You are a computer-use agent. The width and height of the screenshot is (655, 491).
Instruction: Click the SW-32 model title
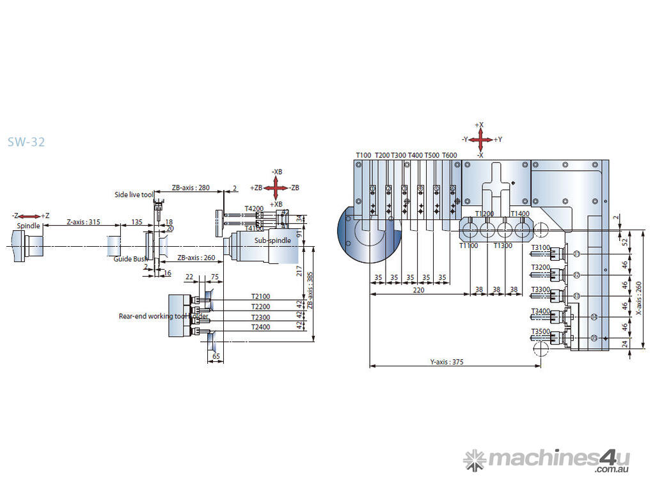[x=26, y=142]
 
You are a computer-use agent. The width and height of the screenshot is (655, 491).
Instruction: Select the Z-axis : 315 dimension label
[x=84, y=221]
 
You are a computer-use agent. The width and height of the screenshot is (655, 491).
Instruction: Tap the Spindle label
[x=29, y=226]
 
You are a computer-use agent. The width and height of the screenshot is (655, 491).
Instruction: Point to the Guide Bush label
[x=130, y=259]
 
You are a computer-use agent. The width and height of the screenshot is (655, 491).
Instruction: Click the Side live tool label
[x=134, y=194]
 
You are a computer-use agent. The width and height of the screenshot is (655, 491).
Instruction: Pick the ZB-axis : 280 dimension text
[x=191, y=187]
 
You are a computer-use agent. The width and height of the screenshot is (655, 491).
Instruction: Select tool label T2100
[x=260, y=297]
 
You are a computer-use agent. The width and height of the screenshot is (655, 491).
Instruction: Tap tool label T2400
[x=260, y=327]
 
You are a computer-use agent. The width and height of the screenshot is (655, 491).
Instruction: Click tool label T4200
[x=254, y=208]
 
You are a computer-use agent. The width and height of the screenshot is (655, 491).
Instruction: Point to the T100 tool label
[x=363, y=155]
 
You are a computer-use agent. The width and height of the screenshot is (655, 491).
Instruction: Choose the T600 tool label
[x=450, y=155]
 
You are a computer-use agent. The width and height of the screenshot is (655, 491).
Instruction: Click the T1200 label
[x=484, y=214]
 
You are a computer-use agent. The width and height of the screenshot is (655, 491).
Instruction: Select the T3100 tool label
[x=541, y=247]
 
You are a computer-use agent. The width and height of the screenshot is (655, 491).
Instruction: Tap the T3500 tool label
[x=541, y=331]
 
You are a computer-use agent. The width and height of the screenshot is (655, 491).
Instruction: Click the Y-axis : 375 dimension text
[x=446, y=362]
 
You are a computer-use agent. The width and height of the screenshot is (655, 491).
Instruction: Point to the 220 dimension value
[x=419, y=290]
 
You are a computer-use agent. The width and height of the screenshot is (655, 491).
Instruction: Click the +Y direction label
[x=498, y=139]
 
